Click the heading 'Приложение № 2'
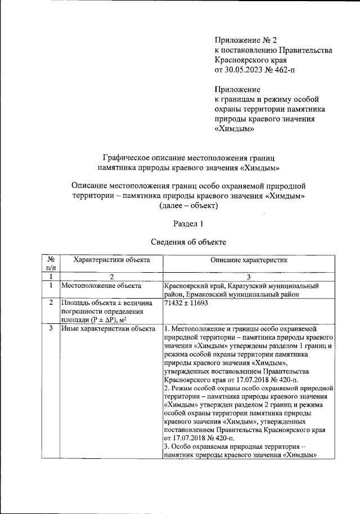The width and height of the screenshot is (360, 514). tap(246, 40)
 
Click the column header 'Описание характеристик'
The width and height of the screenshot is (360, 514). tap(249, 260)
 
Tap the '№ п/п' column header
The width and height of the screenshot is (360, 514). tap(51, 264)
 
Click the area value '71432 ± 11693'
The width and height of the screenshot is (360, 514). tap(186, 303)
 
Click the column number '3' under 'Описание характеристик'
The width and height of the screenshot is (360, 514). tap(249, 277)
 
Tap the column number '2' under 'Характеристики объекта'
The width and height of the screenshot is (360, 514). tap(111, 277)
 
